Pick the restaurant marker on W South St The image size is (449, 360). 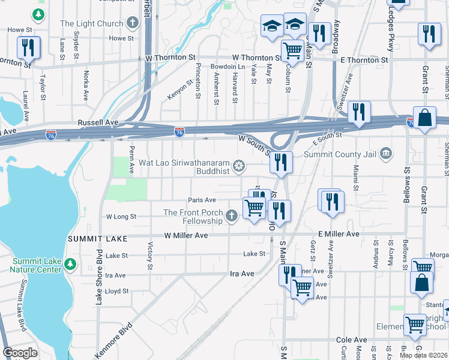point(280,161)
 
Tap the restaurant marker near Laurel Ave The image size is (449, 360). point(28,47)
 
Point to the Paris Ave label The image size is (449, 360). point(202,200)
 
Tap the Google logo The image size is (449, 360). point(20,353)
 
